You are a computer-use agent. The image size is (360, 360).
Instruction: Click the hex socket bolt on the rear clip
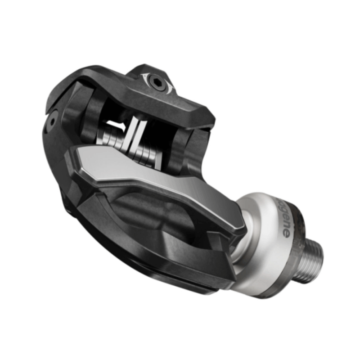[x=157, y=82]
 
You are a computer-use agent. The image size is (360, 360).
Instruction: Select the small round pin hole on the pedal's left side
[x=53, y=120]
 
